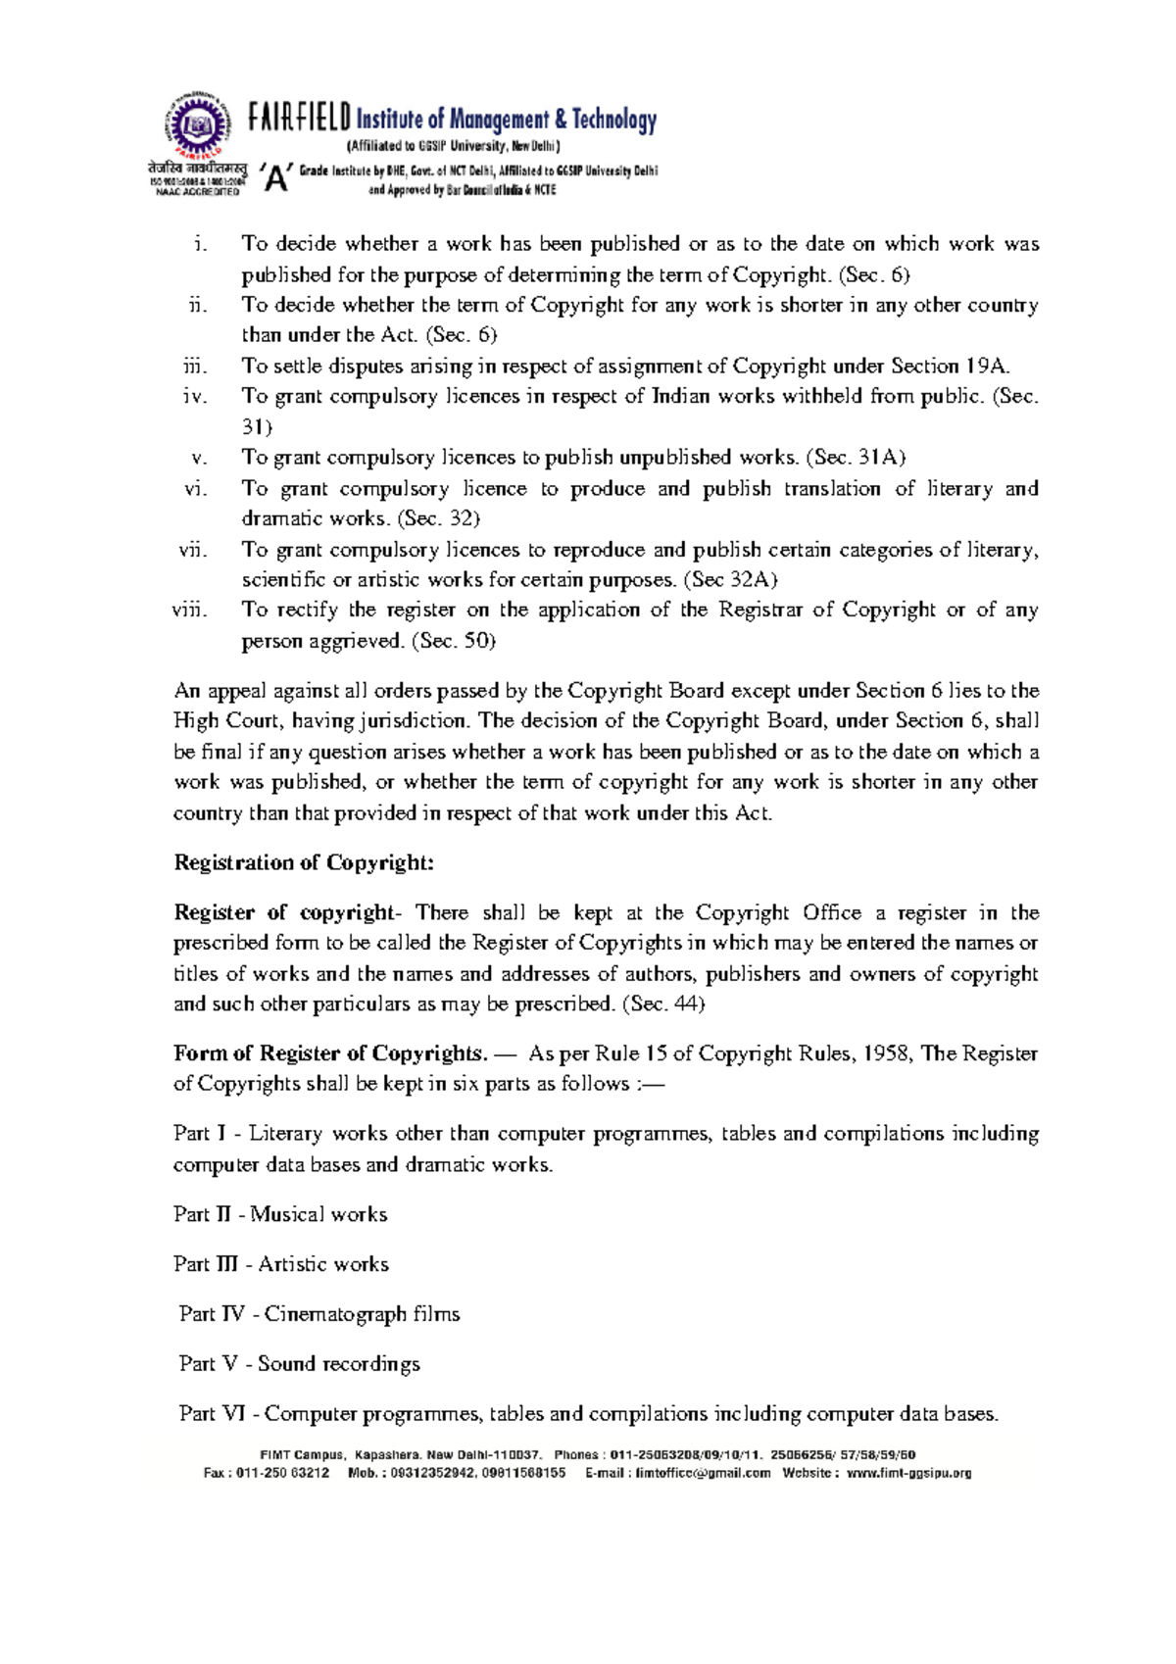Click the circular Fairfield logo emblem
click(199, 125)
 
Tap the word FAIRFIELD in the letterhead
click(298, 119)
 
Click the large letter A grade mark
click(278, 178)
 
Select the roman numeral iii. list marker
click(195, 367)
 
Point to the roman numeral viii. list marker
click(189, 611)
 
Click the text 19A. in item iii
click(986, 367)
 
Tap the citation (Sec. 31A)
click(856, 458)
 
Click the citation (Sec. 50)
click(453, 641)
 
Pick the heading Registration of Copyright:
click(304, 863)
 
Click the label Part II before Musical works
click(202, 1215)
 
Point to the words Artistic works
click(323, 1265)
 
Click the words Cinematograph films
click(362, 1315)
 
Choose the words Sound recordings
click(339, 1365)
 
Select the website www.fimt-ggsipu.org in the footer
click(908, 1473)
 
